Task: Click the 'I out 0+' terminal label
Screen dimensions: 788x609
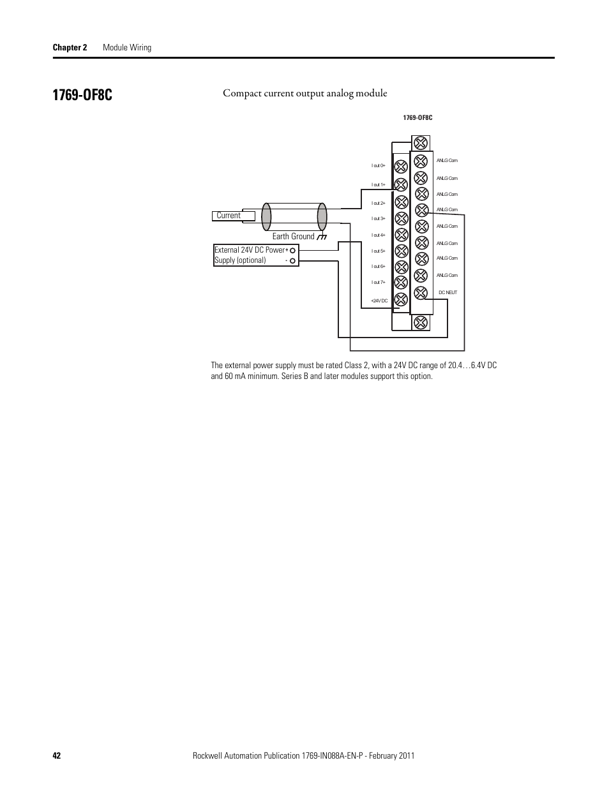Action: tap(379, 166)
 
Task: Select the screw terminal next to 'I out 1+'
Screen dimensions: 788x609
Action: tap(401, 185)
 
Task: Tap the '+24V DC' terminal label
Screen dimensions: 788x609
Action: tap(379, 301)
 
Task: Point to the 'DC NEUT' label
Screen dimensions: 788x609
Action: tap(447, 292)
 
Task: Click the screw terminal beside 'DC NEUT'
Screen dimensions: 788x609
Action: tap(421, 293)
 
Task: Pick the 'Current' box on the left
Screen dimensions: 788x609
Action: tap(233, 216)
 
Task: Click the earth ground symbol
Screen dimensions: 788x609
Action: tap(322, 237)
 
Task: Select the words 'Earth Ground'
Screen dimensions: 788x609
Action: tap(293, 237)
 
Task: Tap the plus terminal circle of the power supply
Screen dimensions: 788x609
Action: tap(293, 250)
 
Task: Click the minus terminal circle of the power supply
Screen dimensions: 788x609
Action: tap(293, 260)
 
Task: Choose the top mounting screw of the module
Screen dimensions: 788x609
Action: tap(420, 143)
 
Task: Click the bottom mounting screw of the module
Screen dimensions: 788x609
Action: tap(421, 322)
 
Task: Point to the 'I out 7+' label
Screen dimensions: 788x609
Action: tap(379, 282)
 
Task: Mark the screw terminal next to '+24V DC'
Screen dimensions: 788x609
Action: tap(401, 299)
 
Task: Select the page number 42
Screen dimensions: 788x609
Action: tap(57, 755)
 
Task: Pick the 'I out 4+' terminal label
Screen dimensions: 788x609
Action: tap(379, 235)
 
